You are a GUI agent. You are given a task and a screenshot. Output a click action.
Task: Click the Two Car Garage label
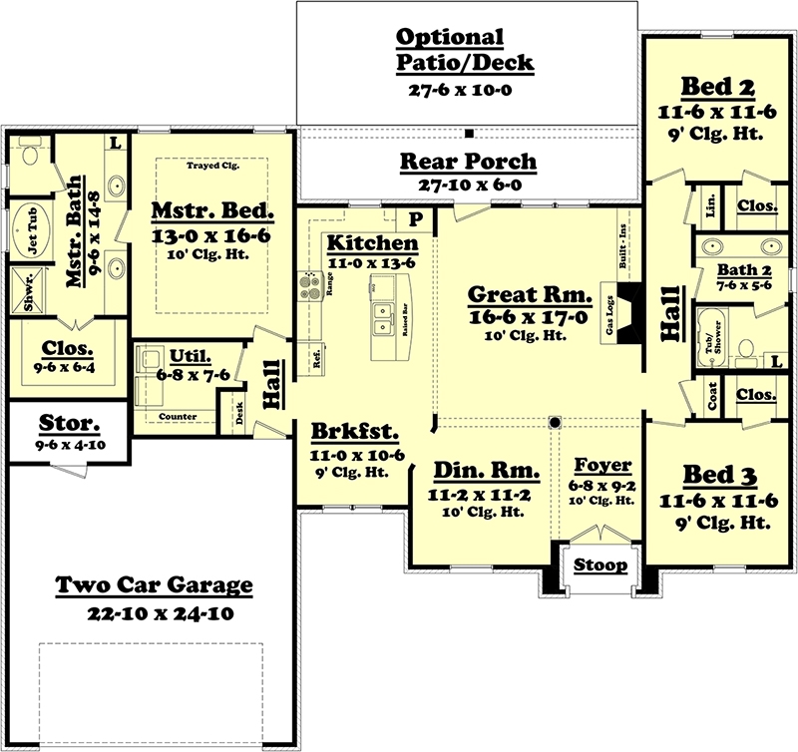pos(154,584)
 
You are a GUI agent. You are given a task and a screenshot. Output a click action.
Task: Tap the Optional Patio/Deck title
pos(465,50)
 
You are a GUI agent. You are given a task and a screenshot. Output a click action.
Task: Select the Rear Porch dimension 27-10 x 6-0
pos(468,185)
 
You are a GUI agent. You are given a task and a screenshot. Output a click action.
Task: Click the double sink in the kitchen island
pos(383,320)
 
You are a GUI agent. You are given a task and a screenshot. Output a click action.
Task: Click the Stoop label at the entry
pos(601,565)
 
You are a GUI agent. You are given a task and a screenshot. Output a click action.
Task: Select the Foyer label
pos(602,465)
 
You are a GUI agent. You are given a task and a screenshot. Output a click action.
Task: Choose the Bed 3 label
pos(709,473)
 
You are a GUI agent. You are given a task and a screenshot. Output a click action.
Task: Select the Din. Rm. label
pos(488,471)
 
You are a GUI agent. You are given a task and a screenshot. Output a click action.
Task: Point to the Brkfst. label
pos(354,433)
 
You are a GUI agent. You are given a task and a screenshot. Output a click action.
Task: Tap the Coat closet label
pos(711,396)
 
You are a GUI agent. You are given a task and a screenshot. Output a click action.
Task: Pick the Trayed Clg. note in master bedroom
pos(212,166)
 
